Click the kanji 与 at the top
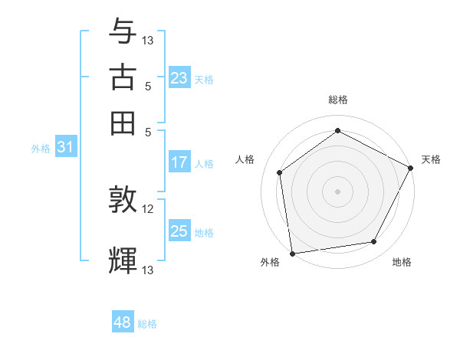point(123,33)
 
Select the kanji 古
point(123,78)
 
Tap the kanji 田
point(123,123)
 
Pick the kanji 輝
point(123,260)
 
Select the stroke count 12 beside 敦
point(148,208)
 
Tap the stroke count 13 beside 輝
point(148,269)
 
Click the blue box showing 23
point(179,78)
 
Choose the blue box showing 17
point(179,162)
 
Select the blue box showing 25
point(179,231)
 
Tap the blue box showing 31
point(65,148)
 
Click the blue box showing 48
point(123,322)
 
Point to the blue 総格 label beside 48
point(147,324)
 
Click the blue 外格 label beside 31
point(41,149)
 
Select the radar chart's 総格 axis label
point(337,100)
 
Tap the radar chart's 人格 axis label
point(245,159)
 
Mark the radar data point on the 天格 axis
point(411,168)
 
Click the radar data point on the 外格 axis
point(292,253)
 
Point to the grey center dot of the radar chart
point(337,191)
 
